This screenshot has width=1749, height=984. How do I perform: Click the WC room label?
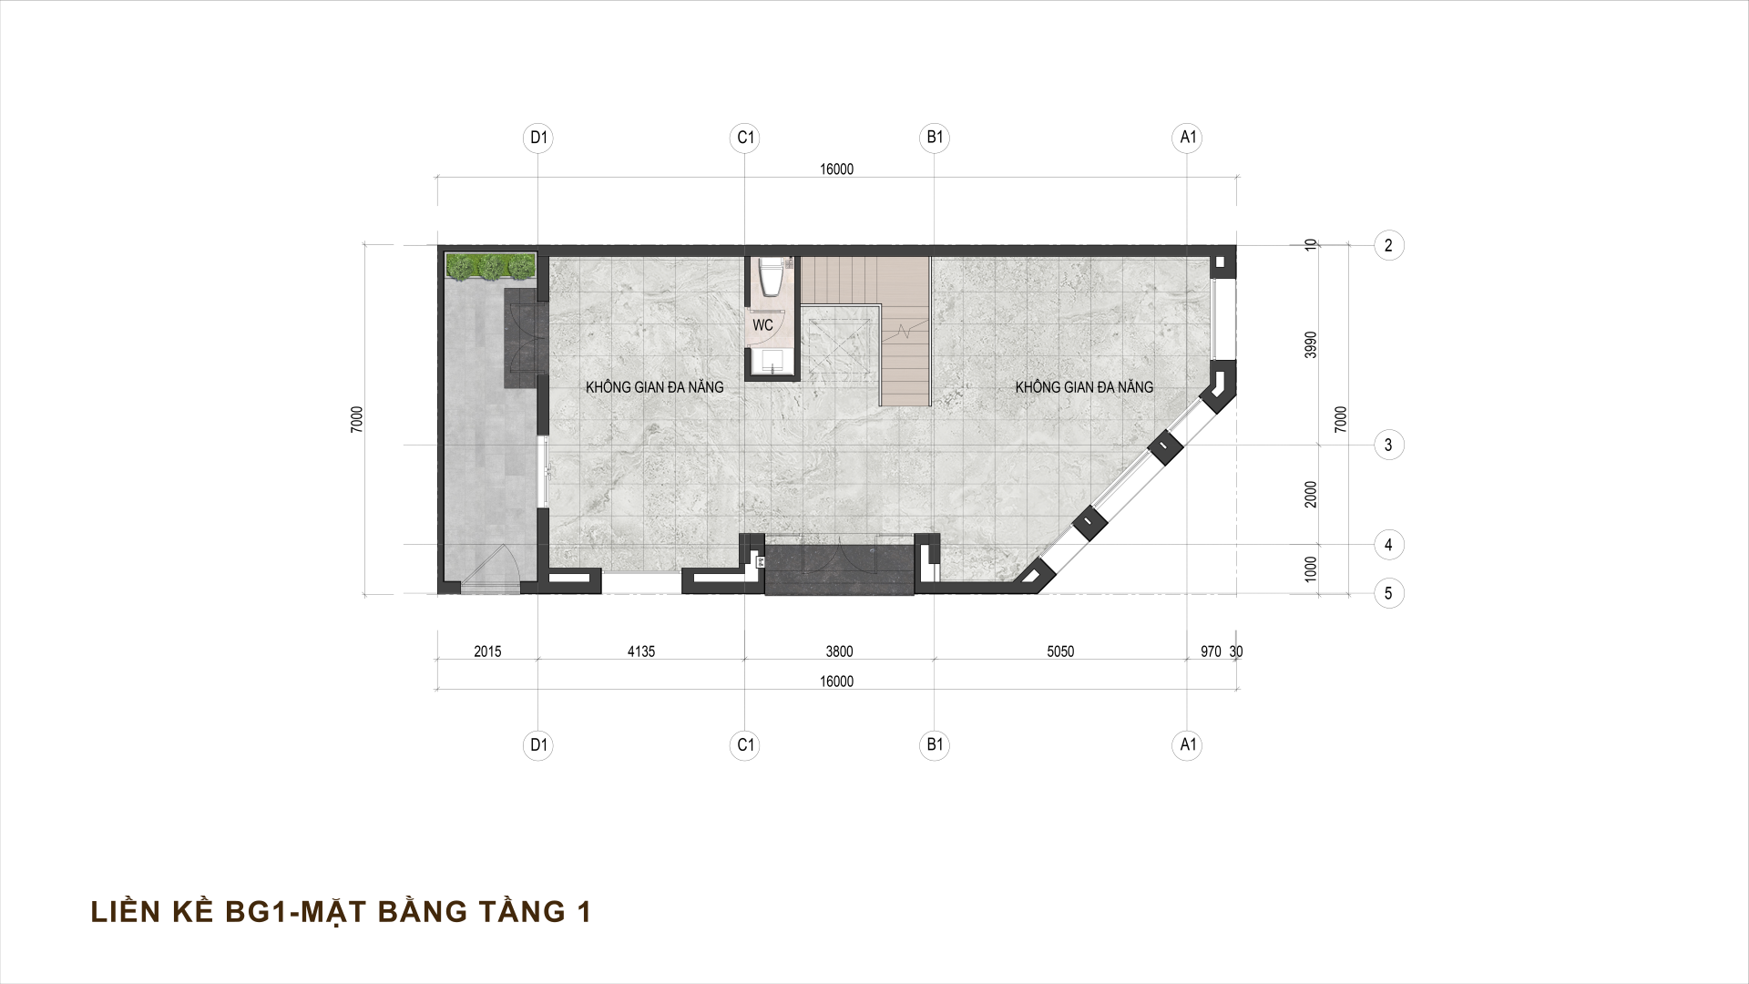[762, 324]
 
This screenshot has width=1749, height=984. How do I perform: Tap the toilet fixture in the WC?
[771, 277]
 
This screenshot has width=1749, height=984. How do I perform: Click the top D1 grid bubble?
[539, 138]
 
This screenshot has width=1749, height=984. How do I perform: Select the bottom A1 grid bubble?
[1187, 745]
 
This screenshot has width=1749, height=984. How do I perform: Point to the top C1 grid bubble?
[745, 138]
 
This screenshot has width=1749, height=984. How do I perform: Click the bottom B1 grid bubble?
[935, 745]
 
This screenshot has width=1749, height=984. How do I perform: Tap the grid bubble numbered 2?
[1388, 245]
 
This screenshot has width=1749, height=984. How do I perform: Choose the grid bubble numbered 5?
[1388, 593]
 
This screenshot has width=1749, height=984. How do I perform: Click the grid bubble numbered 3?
[1388, 446]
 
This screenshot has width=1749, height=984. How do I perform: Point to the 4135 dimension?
[640, 651]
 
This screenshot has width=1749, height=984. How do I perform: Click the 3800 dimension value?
[839, 651]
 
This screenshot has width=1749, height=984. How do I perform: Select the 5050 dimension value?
[1060, 651]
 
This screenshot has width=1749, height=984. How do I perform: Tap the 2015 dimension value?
[487, 651]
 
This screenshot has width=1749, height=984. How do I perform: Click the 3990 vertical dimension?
[1311, 344]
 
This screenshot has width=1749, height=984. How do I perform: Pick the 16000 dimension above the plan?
[836, 169]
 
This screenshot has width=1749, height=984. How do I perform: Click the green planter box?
[490, 266]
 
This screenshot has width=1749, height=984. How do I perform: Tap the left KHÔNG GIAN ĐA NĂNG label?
[654, 387]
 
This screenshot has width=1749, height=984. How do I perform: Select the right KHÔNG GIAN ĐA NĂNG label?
[1084, 387]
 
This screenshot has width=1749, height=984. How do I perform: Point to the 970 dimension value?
[1211, 651]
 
